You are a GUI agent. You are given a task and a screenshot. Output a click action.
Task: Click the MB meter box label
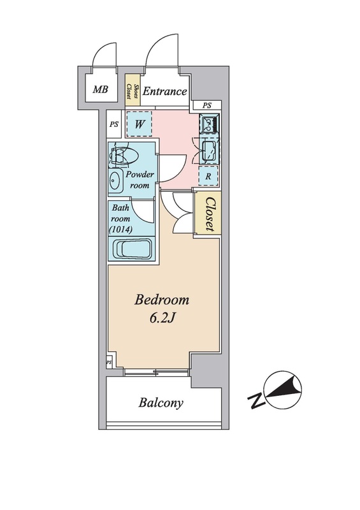click(100, 89)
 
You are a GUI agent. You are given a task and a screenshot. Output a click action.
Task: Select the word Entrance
click(164, 91)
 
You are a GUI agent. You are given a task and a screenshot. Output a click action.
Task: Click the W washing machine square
click(139, 124)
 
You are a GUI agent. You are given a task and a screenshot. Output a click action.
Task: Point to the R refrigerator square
click(208, 176)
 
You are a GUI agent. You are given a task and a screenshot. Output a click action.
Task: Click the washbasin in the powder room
click(116, 180)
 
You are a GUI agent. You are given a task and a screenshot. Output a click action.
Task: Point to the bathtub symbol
click(132, 249)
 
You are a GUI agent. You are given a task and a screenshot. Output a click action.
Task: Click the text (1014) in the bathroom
click(120, 229)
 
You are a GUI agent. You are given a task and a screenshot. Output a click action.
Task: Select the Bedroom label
click(162, 300)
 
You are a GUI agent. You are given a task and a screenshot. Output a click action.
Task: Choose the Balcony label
click(161, 403)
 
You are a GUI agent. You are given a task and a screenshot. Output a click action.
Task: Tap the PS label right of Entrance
click(207, 105)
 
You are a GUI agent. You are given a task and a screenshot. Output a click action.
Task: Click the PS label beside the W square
click(114, 124)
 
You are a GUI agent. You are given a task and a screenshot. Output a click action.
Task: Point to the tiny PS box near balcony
click(110, 362)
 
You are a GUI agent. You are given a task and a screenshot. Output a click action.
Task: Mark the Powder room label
click(140, 180)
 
